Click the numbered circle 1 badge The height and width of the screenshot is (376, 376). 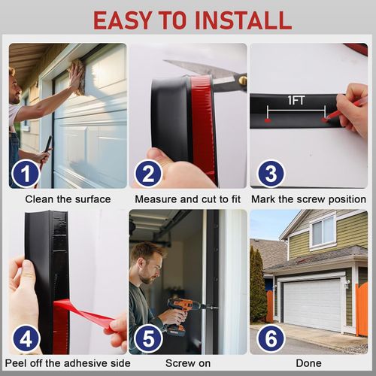(26, 174)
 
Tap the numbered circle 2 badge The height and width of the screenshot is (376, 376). (148, 174)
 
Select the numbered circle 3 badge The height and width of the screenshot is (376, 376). (271, 174)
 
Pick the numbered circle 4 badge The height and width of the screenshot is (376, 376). (26, 339)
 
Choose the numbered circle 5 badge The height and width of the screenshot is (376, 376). (148, 339)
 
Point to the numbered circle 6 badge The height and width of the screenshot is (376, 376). (271, 339)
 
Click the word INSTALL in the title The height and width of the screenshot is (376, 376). (243, 20)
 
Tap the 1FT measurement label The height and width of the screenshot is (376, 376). (296, 100)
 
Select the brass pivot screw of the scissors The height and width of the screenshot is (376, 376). (243, 80)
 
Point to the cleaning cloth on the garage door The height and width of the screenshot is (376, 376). (78, 77)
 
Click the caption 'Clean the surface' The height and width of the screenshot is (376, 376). (68, 199)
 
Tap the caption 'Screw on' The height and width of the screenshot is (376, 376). (188, 363)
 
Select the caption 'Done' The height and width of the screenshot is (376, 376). (308, 363)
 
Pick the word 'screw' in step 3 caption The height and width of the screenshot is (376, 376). (311, 199)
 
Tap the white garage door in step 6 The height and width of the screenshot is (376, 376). (313, 304)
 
